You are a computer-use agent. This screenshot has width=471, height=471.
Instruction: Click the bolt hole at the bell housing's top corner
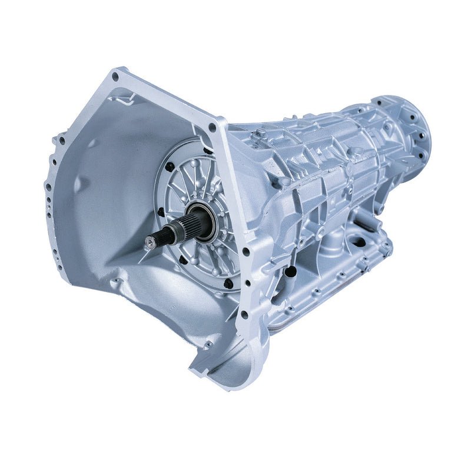(115, 76)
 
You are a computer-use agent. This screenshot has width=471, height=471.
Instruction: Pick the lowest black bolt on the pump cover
(228, 283)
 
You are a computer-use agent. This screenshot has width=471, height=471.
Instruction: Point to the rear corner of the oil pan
(386, 247)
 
